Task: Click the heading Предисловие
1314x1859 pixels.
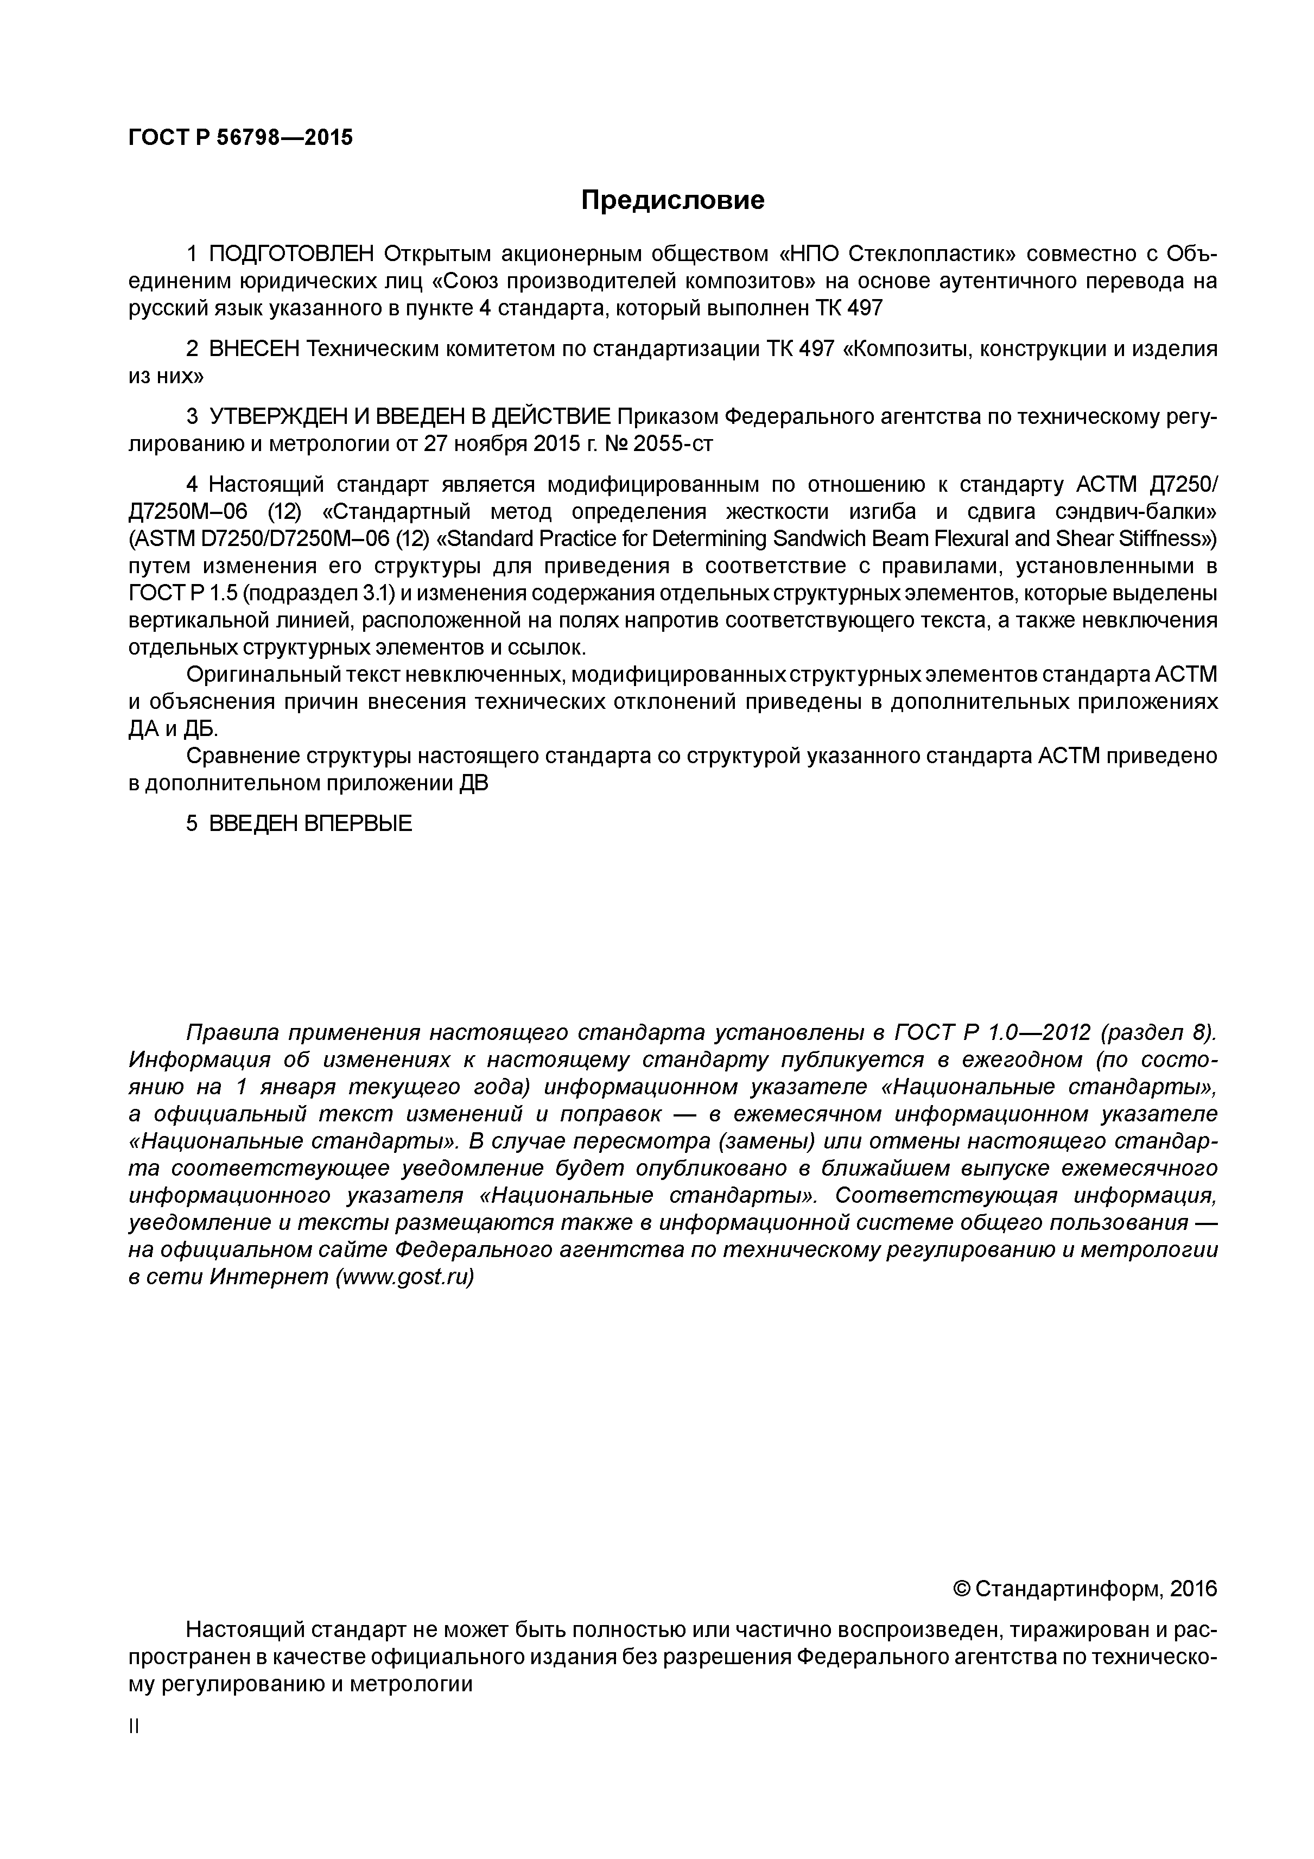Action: pos(672,200)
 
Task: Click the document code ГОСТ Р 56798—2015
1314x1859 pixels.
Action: pos(240,138)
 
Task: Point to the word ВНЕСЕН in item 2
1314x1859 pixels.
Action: pos(254,350)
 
